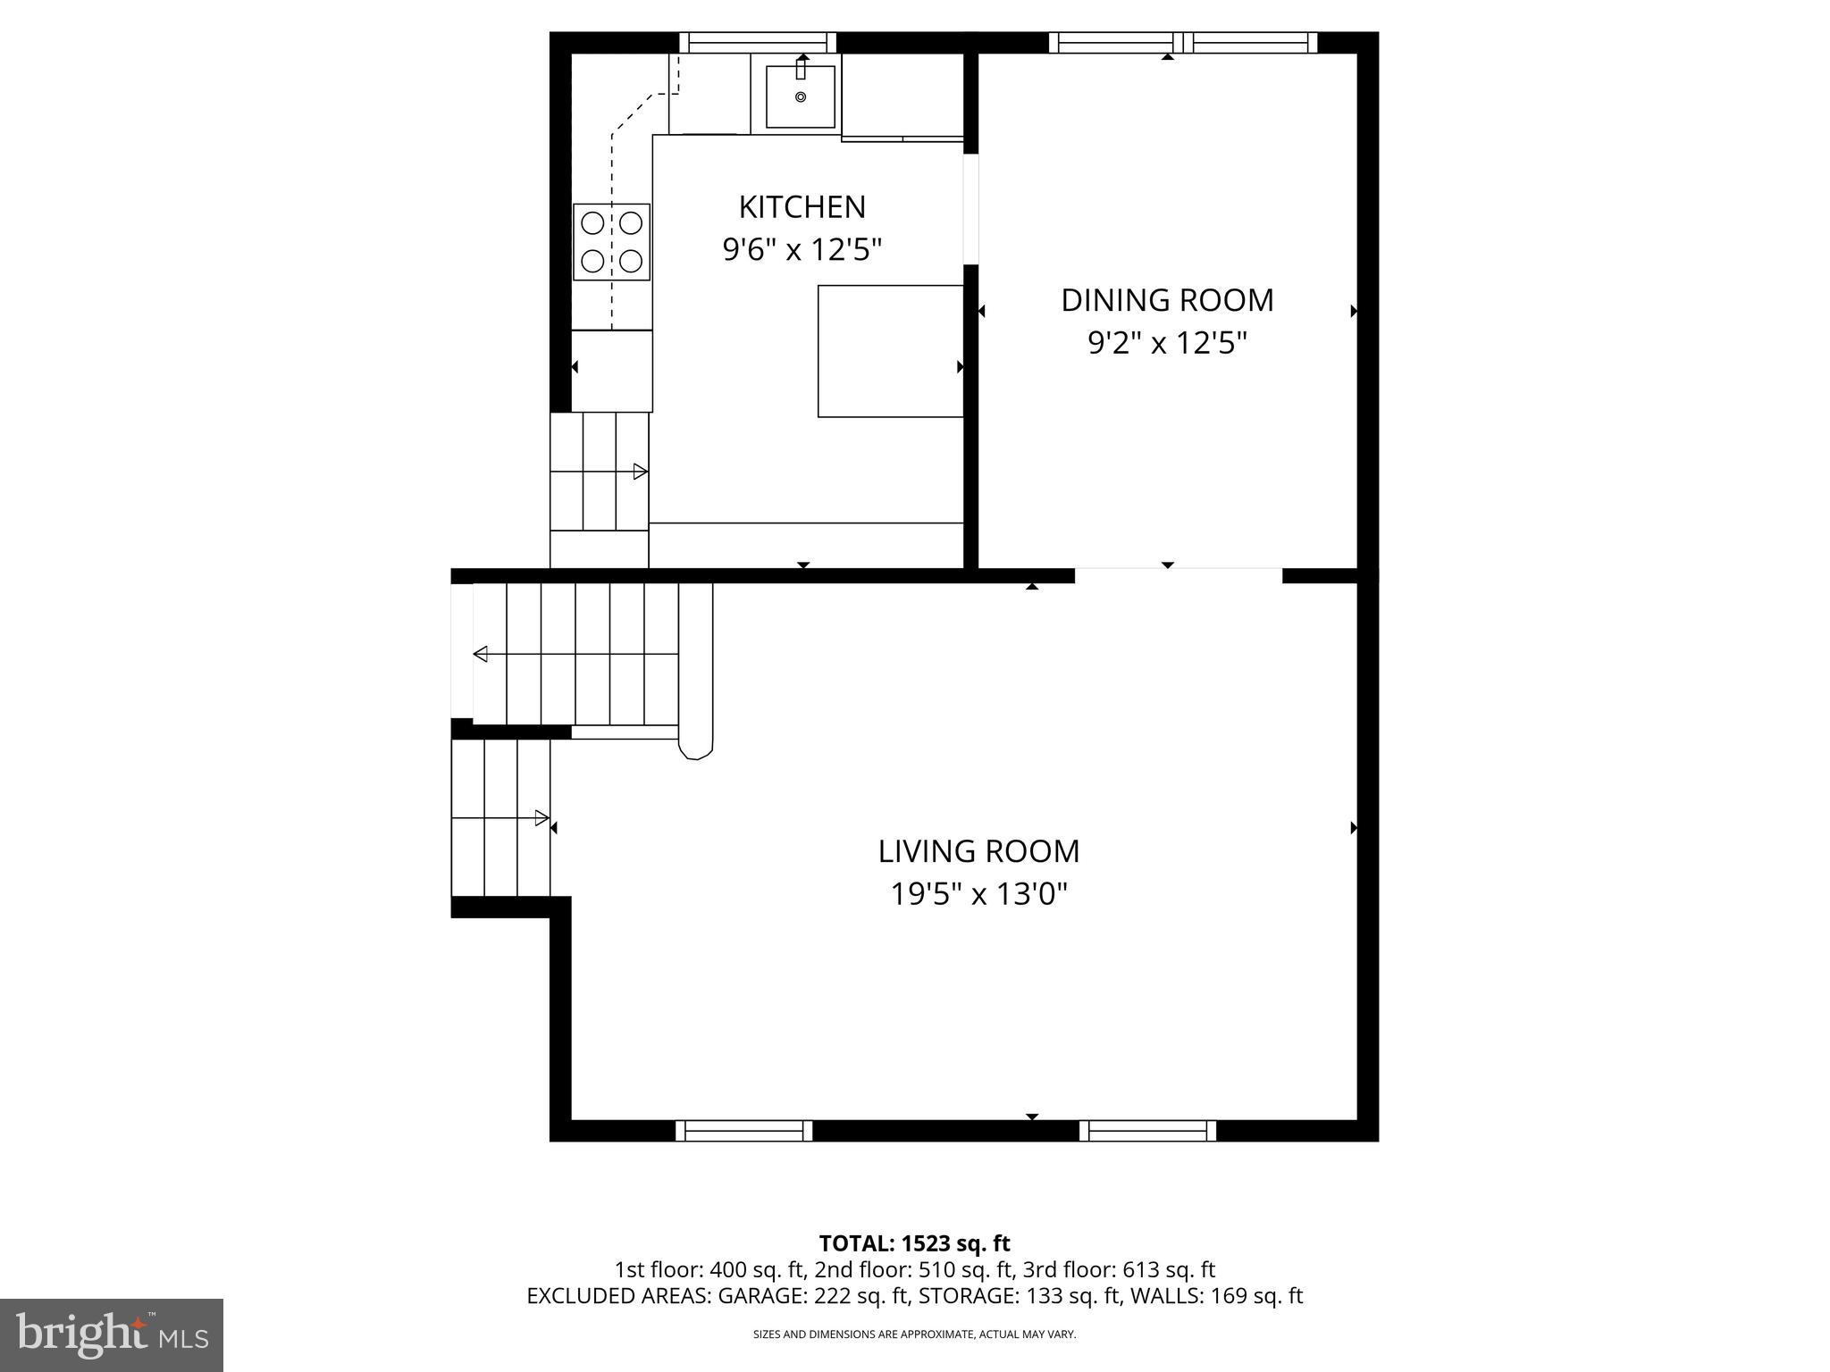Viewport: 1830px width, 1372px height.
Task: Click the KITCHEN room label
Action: pos(802,207)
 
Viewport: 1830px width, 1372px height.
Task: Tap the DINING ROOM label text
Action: pos(1166,300)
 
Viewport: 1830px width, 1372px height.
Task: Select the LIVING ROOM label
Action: pos(978,851)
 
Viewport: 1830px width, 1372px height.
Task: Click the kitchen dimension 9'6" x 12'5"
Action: pos(802,250)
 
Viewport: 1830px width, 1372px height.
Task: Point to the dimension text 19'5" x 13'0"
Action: pos(978,894)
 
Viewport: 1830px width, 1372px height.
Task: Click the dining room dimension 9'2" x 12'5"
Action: pos(1166,343)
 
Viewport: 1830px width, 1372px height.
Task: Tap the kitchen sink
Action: pos(800,96)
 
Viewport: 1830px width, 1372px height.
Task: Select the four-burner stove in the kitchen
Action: pos(611,242)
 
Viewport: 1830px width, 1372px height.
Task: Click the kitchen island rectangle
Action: pos(890,351)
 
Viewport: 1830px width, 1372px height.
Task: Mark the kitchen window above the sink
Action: pos(758,42)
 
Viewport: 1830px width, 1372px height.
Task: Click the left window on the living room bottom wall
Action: pos(743,1131)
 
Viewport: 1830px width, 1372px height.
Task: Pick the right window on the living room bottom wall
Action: pos(1147,1131)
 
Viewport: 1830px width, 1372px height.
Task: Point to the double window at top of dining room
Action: pos(1182,42)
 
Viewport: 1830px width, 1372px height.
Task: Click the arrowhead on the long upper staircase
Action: pos(481,655)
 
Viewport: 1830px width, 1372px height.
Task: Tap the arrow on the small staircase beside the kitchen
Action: pos(640,472)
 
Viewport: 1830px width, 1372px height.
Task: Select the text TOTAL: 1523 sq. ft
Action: pos(914,1243)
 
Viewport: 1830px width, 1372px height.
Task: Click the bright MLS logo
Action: pos(112,1334)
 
